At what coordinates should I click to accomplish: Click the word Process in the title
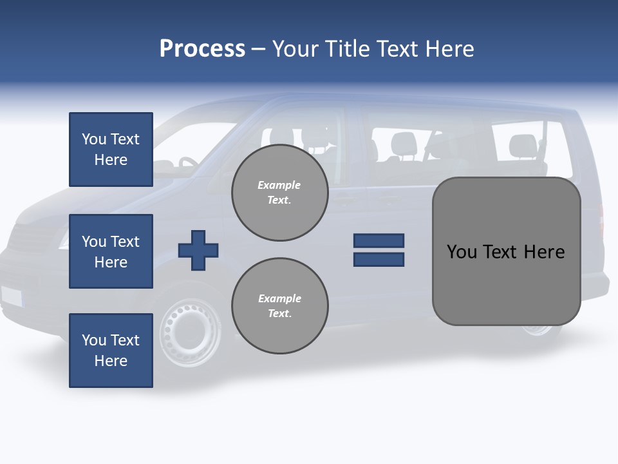click(x=202, y=49)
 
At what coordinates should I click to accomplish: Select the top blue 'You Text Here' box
click(x=111, y=150)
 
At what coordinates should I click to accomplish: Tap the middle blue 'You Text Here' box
click(x=111, y=251)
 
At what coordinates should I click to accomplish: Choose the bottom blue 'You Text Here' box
click(x=111, y=350)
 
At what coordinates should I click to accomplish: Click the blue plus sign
click(x=198, y=250)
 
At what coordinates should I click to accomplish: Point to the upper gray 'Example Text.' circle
click(x=280, y=193)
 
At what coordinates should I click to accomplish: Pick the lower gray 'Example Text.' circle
click(x=280, y=306)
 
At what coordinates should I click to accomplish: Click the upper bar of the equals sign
click(x=379, y=240)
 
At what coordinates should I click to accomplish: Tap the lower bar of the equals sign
click(x=379, y=260)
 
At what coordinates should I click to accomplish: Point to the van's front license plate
click(x=11, y=295)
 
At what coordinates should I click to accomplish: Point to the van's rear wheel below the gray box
click(x=538, y=330)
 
